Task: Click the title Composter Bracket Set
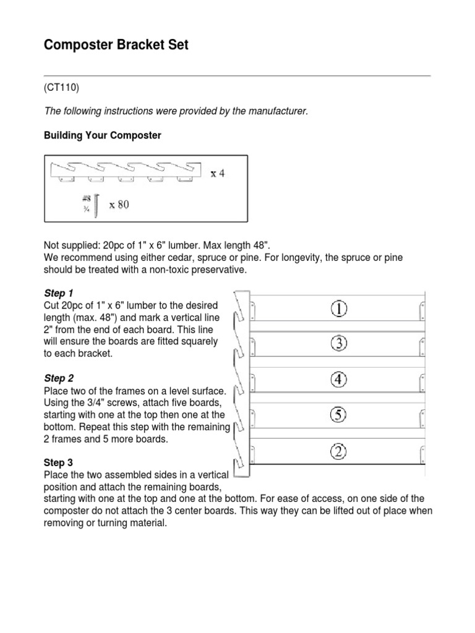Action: pyautogui.click(x=116, y=45)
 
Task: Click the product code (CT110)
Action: pyautogui.click(x=62, y=88)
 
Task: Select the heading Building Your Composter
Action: pyautogui.click(x=102, y=135)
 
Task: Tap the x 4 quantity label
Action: pyautogui.click(x=218, y=174)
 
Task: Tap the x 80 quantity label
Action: pyautogui.click(x=119, y=205)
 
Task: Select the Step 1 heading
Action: pyautogui.click(x=59, y=292)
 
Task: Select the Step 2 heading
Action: pyautogui.click(x=59, y=378)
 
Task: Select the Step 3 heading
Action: pyautogui.click(x=59, y=462)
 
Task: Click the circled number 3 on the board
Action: pyautogui.click(x=339, y=344)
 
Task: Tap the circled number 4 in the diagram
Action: pyautogui.click(x=339, y=380)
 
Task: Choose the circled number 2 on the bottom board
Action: pyautogui.click(x=339, y=453)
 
